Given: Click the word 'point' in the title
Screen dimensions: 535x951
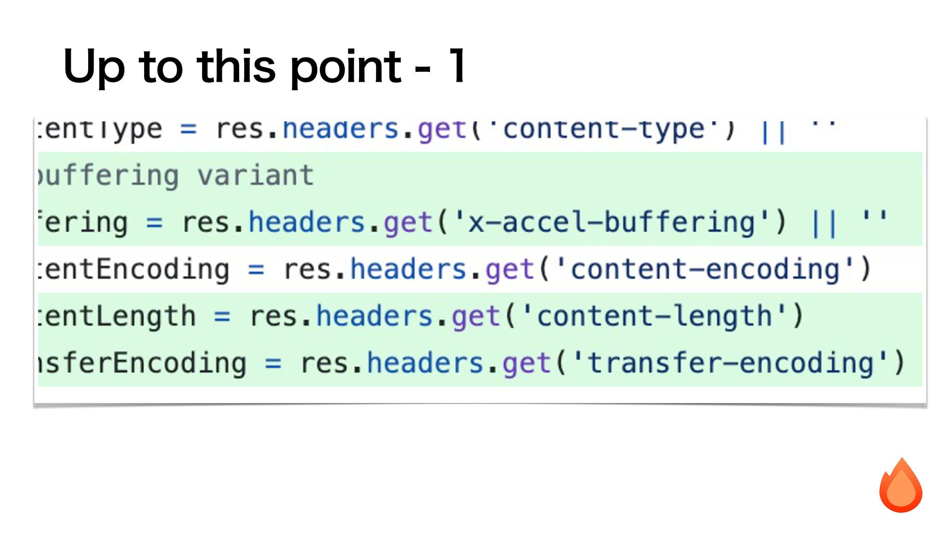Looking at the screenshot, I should click(345, 67).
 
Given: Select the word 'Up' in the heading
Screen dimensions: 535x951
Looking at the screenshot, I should click(94, 67).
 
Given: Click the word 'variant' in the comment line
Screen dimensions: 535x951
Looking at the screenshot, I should click(256, 175).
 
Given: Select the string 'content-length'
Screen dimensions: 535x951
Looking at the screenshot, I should click(654, 316).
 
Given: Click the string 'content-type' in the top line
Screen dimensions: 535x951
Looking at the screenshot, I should click(604, 130).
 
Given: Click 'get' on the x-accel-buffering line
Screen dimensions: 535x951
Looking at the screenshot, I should click(408, 223).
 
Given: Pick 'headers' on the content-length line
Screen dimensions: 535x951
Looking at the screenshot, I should click(374, 316).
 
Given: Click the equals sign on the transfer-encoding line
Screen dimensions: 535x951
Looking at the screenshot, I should click(273, 363).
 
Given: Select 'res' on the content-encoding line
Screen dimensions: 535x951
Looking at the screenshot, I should click(307, 269).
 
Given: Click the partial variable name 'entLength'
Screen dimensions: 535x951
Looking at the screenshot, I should click(117, 316).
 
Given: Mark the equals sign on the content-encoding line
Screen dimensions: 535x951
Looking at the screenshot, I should click(256, 269).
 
